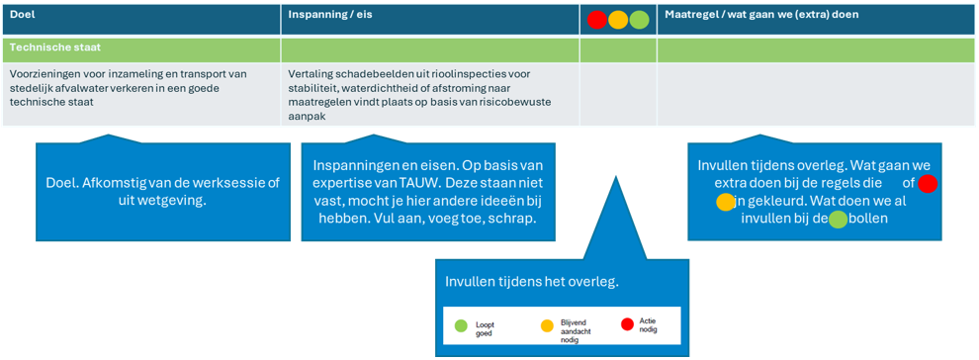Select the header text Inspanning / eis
329,14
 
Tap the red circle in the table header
597,20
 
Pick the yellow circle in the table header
618,20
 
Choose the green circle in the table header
640,20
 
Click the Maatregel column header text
761,15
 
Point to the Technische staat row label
55,46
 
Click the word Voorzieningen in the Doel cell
39,74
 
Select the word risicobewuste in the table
522,102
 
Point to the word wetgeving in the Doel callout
183,200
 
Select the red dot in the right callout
928,184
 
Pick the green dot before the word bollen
839,220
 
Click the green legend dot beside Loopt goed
461,325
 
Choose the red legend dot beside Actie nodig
628,324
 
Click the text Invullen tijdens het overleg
532,282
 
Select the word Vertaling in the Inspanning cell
310,74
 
